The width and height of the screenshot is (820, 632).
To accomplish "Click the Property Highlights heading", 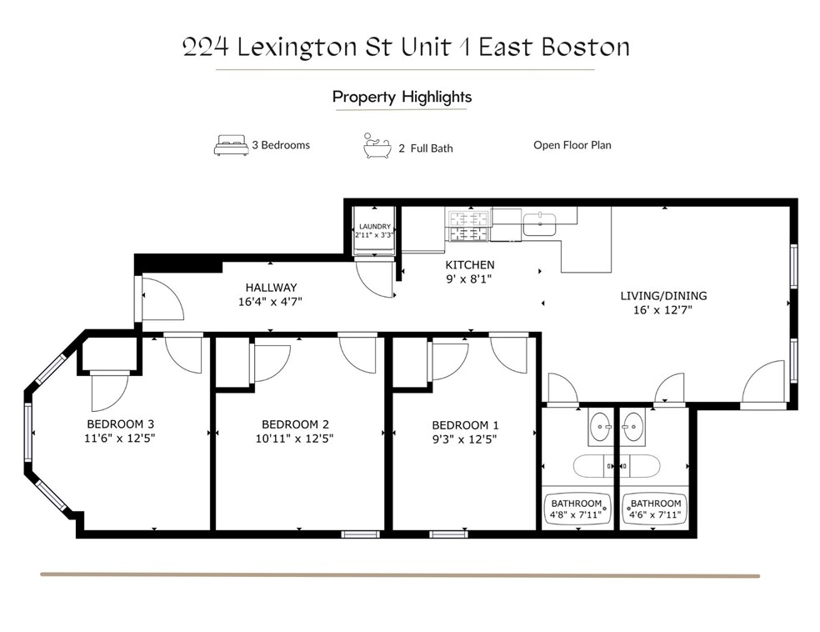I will click(x=402, y=97).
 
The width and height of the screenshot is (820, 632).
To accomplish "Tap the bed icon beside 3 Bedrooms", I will click(x=231, y=146).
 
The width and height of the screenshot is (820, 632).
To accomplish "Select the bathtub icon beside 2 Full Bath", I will click(x=377, y=146).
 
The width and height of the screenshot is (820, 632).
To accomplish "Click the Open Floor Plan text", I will click(x=572, y=145).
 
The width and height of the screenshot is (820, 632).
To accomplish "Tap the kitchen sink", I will click(x=541, y=223).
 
